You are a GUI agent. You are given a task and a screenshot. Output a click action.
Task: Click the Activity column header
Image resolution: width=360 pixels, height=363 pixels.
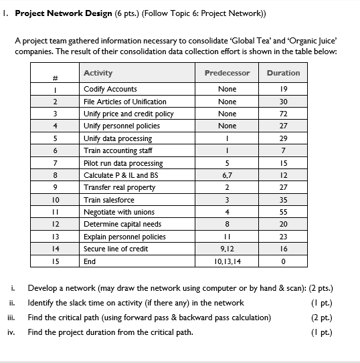coord(98,73)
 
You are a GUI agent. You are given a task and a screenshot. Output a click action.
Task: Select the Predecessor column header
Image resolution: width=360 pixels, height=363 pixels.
coord(227,73)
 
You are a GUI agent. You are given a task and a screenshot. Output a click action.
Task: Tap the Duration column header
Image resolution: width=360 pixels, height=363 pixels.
coord(283,73)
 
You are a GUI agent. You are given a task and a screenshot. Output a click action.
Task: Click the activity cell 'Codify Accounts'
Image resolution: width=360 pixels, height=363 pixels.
coord(110,89)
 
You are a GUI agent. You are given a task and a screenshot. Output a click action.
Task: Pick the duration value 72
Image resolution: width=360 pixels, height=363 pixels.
coord(283,114)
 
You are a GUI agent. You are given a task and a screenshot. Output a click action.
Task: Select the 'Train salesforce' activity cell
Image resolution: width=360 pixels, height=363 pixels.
coord(109,200)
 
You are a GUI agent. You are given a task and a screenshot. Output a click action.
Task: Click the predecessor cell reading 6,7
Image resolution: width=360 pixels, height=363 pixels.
coord(227,175)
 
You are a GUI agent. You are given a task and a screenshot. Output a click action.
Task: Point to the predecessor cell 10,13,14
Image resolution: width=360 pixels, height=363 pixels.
coord(227,261)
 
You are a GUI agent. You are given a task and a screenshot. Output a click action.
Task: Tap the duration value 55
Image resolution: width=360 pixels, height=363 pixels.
coord(283,212)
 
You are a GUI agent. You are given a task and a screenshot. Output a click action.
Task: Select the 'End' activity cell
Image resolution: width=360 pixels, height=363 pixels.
coord(90,261)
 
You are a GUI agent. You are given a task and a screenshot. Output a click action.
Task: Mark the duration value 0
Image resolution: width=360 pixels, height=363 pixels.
coord(283,261)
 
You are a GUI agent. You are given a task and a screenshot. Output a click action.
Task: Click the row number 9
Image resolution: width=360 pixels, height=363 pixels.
coord(57,188)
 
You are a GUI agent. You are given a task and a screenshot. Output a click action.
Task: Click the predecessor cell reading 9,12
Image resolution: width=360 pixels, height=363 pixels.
coord(227,249)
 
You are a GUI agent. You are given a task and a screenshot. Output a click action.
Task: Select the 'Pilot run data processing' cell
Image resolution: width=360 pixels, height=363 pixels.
coord(123,163)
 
